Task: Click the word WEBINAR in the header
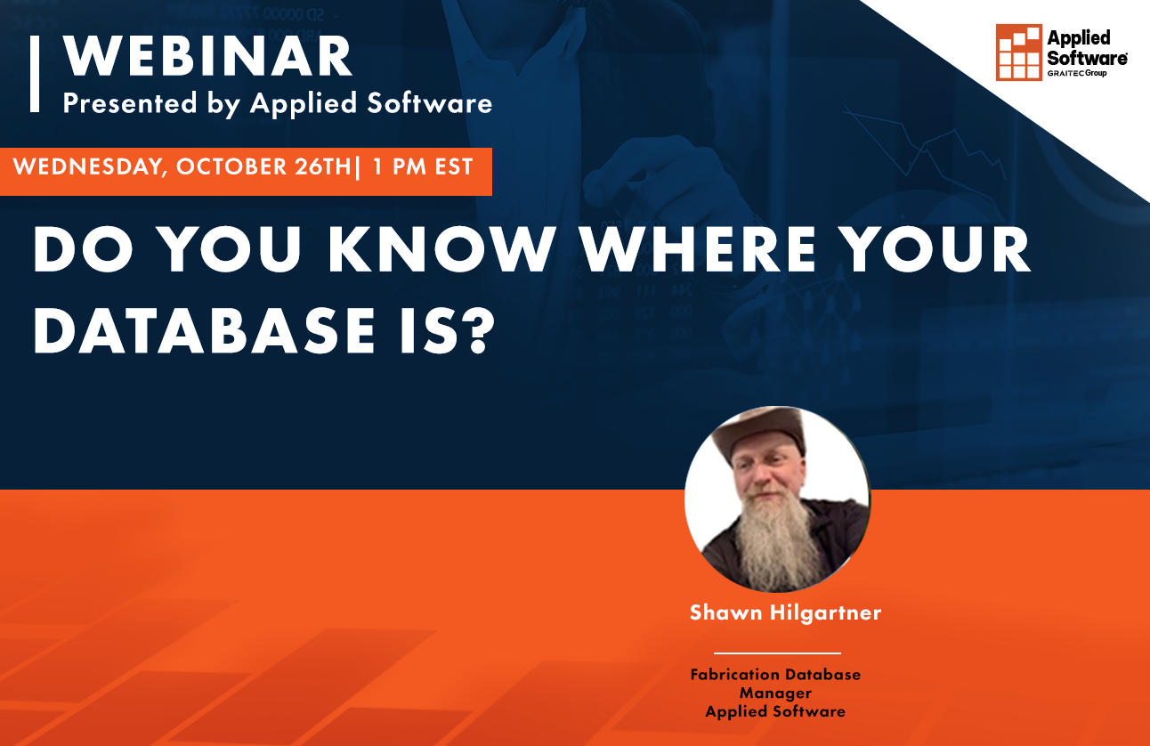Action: [x=207, y=59]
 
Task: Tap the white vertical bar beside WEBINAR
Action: [x=35, y=74]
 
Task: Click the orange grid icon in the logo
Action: [x=1018, y=52]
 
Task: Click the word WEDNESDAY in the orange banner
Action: [x=86, y=167]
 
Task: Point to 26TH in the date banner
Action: [x=320, y=167]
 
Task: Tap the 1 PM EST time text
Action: [x=423, y=167]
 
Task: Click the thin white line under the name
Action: [x=777, y=653]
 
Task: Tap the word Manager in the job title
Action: [x=775, y=693]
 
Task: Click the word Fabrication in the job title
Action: [x=737, y=675]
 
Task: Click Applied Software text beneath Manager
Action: [x=775, y=711]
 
